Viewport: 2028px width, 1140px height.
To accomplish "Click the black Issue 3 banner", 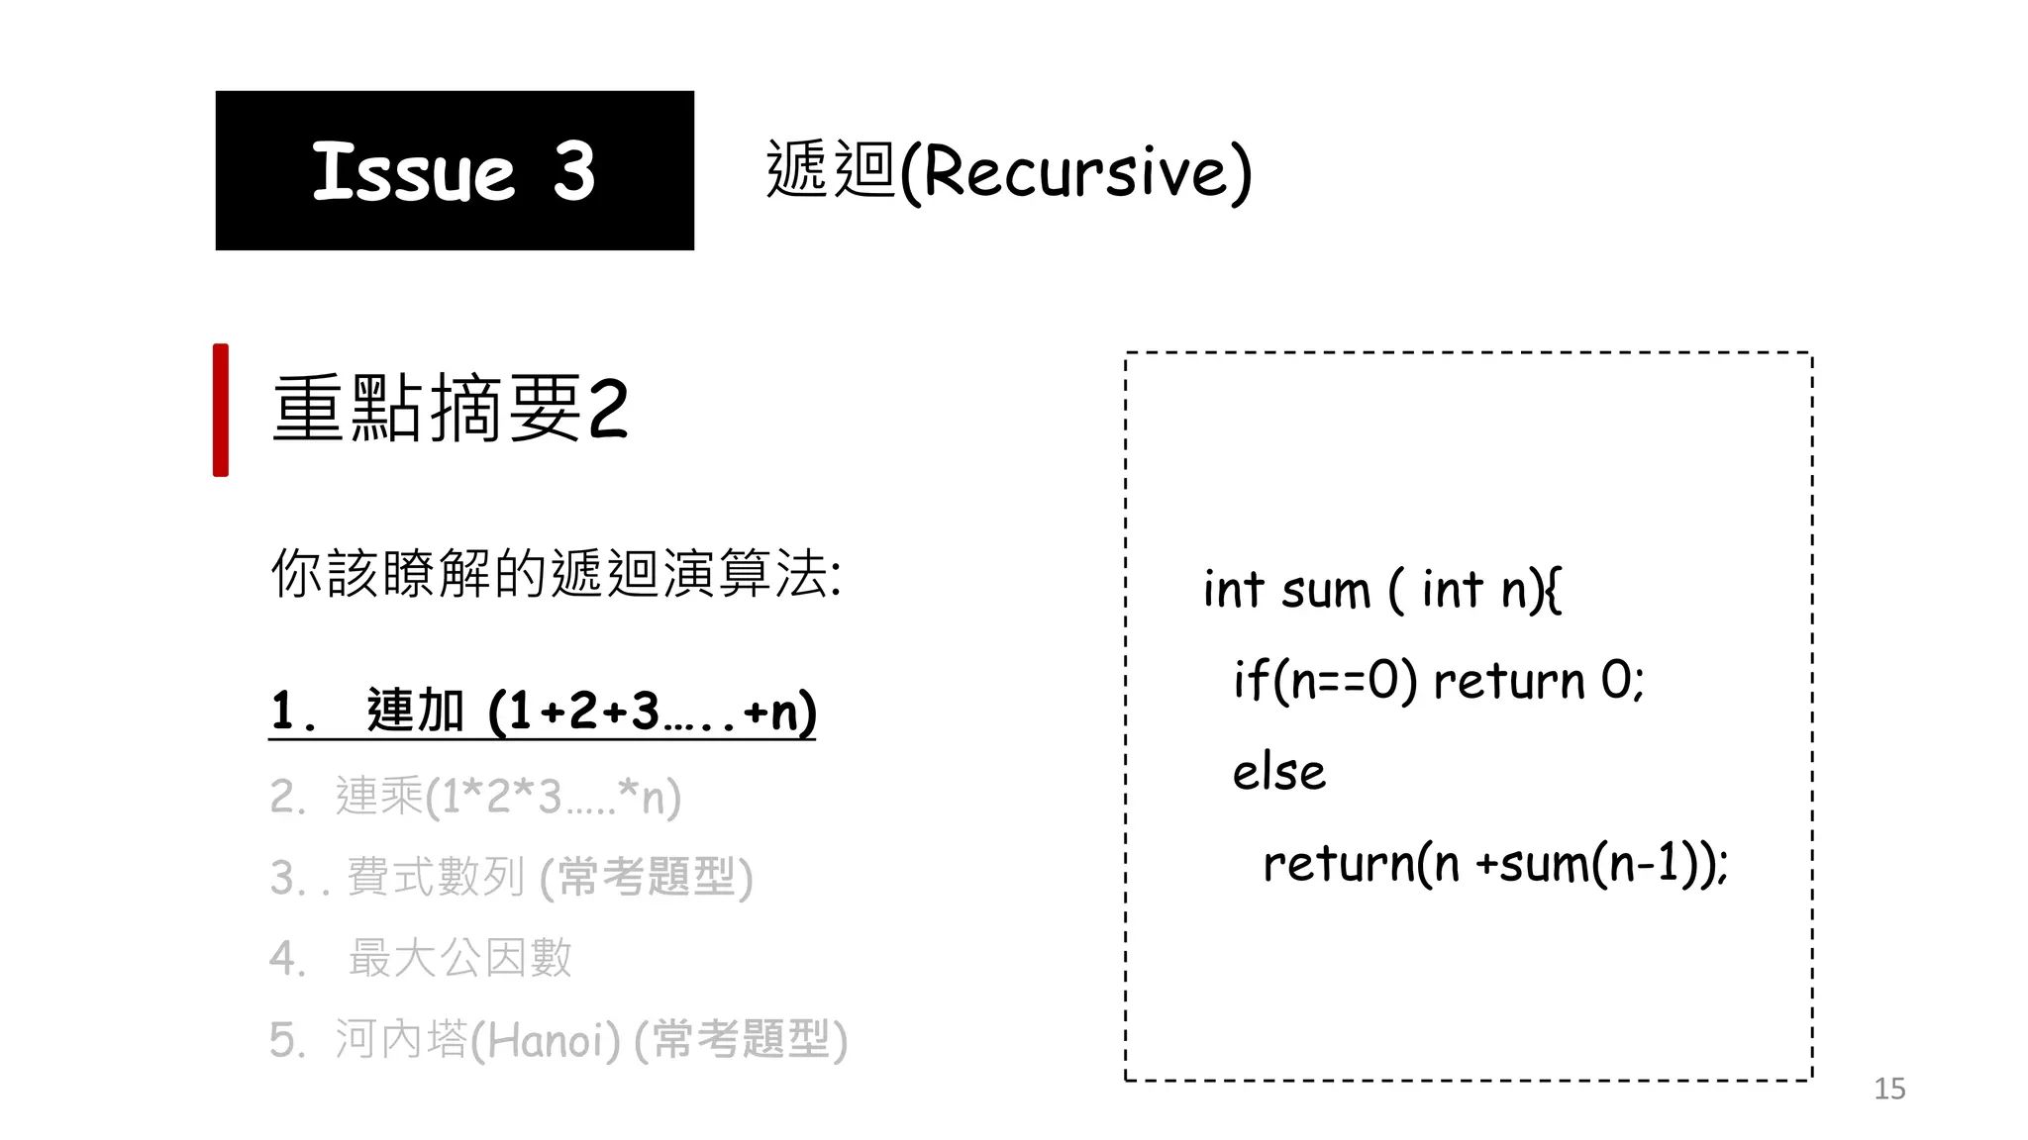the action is pyautogui.click(x=455, y=170).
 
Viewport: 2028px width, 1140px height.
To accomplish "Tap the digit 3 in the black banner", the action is pyautogui.click(x=574, y=172).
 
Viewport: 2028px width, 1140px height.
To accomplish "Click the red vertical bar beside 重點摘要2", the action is pyautogui.click(x=221, y=410).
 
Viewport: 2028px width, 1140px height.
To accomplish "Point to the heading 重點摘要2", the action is pyautogui.click(x=451, y=409).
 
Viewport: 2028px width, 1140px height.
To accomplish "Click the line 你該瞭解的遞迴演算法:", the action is pyautogui.click(x=556, y=573).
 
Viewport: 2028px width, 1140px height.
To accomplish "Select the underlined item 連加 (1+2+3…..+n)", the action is pyautogui.click(x=543, y=712).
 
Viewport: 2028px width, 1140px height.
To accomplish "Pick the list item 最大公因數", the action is pyautogui.click(x=459, y=958).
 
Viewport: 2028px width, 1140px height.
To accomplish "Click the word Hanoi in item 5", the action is pyautogui.click(x=545, y=1040).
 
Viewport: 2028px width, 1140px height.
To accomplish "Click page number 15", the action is pyautogui.click(x=1889, y=1089).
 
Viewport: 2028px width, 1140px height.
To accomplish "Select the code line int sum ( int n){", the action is pyautogui.click(x=1382, y=590).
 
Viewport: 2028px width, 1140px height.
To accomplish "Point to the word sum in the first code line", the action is pyautogui.click(x=1326, y=592).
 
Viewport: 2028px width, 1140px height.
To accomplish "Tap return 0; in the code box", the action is pyautogui.click(x=1539, y=681).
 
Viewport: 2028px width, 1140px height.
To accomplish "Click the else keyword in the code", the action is pyautogui.click(x=1278, y=772).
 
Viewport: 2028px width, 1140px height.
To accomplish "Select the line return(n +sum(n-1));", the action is pyautogui.click(x=1495, y=863).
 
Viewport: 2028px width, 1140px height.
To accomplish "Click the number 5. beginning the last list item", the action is pyautogui.click(x=287, y=1040).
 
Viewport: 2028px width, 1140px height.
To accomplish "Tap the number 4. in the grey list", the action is pyautogui.click(x=287, y=958).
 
